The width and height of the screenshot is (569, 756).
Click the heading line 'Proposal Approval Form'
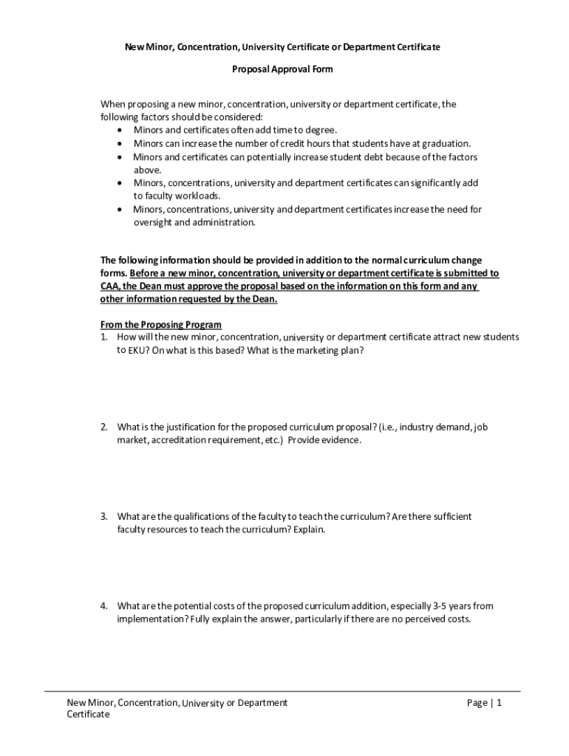pyautogui.click(x=282, y=69)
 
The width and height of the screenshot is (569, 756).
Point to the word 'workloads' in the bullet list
pyautogui.click(x=198, y=196)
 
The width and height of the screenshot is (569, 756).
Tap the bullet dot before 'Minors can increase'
pyautogui.click(x=120, y=144)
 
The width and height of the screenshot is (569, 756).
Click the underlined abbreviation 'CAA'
pyautogui.click(x=109, y=286)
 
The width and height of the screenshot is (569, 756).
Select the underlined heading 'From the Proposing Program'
pyautogui.click(x=161, y=325)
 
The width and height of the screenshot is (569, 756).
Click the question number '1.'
pyautogui.click(x=105, y=337)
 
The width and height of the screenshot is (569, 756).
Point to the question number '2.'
pyautogui.click(x=105, y=427)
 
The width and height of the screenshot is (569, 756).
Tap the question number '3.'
pyautogui.click(x=105, y=517)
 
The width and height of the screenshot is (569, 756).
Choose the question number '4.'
pyautogui.click(x=105, y=606)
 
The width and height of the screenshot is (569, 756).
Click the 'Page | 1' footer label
pyautogui.click(x=484, y=704)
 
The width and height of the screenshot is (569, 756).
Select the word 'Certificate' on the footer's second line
pyautogui.click(x=88, y=715)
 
